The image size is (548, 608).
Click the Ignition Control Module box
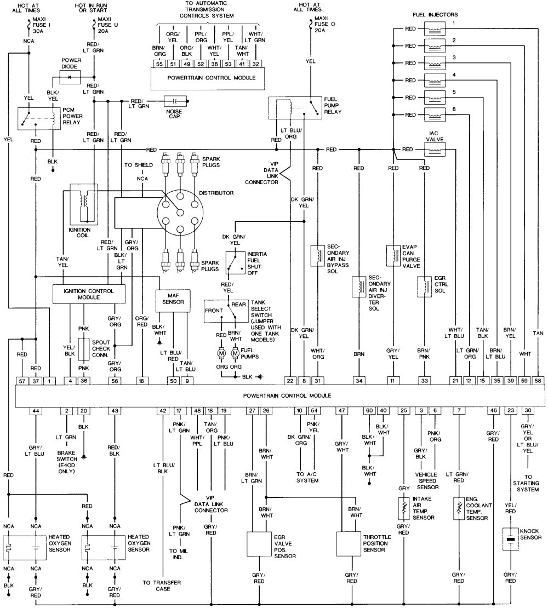[88, 294]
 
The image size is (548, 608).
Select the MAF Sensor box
[173, 300]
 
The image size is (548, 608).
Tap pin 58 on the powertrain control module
[538, 380]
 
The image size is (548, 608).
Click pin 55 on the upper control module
[158, 63]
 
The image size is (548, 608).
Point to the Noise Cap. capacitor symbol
[176, 101]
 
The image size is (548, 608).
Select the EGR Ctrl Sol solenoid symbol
[423, 286]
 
